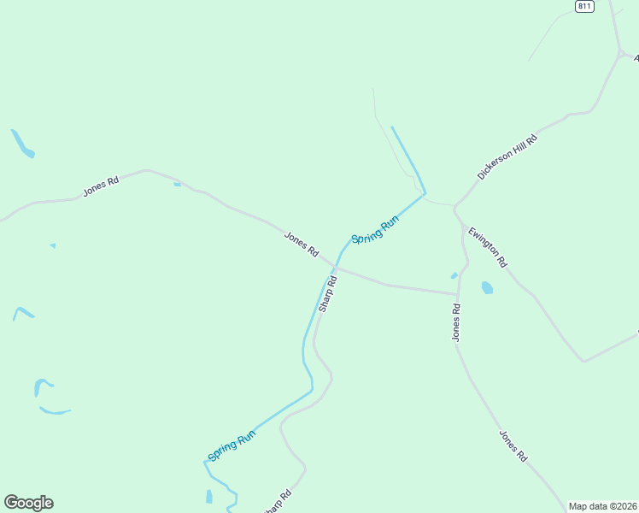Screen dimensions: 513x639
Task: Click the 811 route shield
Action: pos(584,6)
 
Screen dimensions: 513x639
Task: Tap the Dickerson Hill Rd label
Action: pos(507,156)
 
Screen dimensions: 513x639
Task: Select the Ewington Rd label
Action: pos(488,246)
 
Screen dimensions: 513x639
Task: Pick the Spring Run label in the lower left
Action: pos(232,446)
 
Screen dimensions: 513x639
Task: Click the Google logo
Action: pos(28,503)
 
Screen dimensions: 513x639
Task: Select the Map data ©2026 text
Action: pos(602,506)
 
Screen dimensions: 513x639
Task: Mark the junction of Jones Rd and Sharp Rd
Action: pos(335,268)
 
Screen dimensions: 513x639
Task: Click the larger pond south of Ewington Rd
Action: pos(487,287)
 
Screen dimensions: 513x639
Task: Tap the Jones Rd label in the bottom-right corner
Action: pos(513,446)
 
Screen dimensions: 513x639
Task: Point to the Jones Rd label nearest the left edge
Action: pos(101,186)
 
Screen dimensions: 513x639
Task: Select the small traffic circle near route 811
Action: pos(621,54)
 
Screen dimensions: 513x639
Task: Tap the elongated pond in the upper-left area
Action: pos(22,144)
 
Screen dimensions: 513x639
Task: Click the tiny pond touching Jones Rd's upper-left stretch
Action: pos(177,184)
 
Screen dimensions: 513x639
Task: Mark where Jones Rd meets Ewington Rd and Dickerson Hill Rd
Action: pos(456,209)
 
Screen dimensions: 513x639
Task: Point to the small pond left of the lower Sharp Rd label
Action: pos(209,496)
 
